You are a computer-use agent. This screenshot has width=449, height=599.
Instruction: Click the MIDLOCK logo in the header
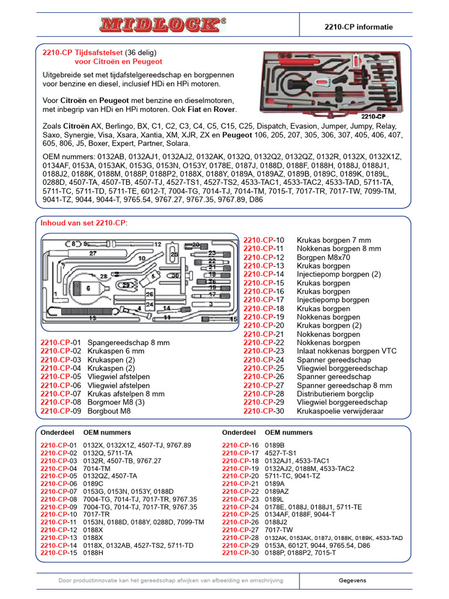click(163, 24)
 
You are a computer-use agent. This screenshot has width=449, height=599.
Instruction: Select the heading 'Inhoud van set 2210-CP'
click(83, 223)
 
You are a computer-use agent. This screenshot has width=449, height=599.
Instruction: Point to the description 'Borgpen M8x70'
click(323, 257)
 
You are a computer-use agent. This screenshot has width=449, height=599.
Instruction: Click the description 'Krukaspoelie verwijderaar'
click(340, 411)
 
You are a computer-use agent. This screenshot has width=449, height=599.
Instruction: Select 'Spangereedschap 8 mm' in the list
click(128, 343)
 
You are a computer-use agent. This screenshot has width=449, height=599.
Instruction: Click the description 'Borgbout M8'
click(109, 411)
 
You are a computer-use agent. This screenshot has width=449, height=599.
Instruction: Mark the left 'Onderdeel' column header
click(58, 433)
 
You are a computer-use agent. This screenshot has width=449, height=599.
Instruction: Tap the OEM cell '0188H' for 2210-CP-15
click(94, 553)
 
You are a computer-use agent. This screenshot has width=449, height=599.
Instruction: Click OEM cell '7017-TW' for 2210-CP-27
click(279, 529)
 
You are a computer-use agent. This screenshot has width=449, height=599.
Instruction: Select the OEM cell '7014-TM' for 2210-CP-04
click(97, 469)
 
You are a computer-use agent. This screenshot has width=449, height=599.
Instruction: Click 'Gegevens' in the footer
click(353, 580)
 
